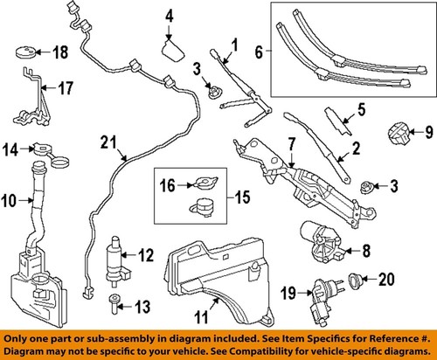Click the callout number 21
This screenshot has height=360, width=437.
point(106,142)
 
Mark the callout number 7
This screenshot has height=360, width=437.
point(268,142)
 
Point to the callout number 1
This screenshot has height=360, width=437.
point(233,44)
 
